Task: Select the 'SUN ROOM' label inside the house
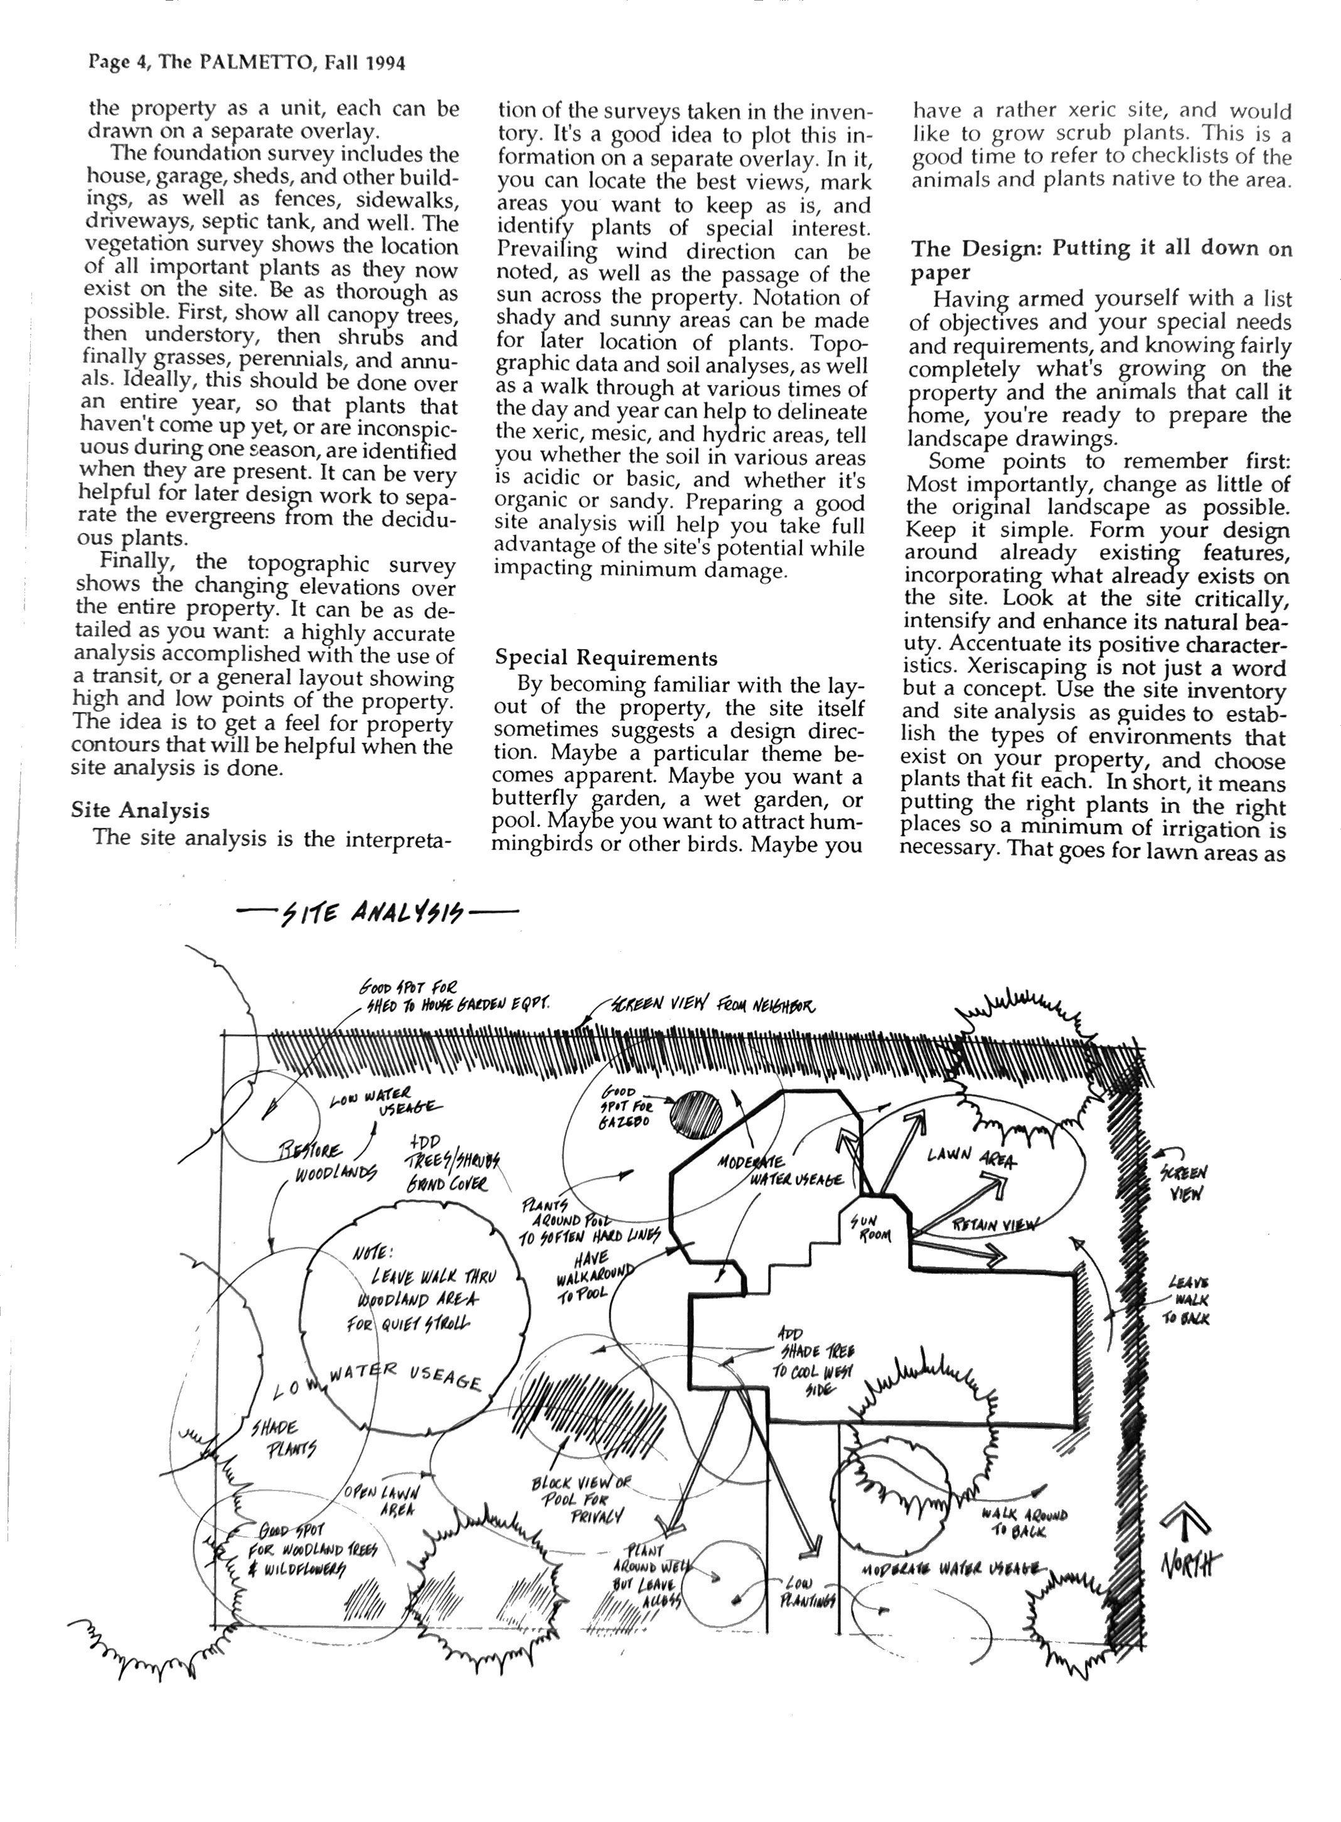click(x=871, y=1229)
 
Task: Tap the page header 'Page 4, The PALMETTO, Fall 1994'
click(x=246, y=63)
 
